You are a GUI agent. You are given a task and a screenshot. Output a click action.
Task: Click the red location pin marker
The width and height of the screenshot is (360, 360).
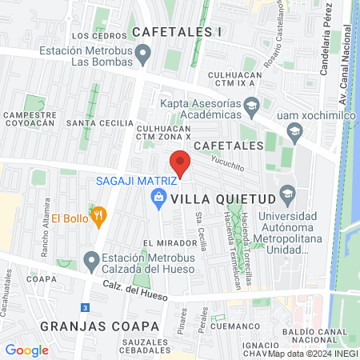[181, 163]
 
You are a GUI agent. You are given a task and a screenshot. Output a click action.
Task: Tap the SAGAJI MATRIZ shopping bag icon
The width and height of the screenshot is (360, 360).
[159, 197]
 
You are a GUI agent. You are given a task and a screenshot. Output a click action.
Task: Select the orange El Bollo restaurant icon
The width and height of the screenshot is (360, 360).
[99, 214]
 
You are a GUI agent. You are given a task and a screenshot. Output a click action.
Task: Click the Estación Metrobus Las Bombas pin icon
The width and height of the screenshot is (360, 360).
[144, 55]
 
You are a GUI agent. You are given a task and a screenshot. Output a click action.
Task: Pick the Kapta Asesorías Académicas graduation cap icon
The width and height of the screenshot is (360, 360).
[252, 106]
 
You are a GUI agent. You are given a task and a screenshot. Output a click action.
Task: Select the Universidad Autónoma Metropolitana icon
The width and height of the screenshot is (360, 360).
[289, 194]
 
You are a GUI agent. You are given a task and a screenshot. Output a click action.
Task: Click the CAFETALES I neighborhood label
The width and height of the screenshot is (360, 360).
[176, 31]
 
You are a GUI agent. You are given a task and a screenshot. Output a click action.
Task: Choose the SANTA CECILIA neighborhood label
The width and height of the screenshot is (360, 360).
[98, 122]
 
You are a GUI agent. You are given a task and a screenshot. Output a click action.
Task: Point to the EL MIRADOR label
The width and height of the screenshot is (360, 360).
[170, 242]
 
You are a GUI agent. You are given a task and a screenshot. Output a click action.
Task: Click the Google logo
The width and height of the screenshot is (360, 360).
[27, 350]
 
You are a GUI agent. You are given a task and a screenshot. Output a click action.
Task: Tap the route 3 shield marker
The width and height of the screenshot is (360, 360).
[85, 307]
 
